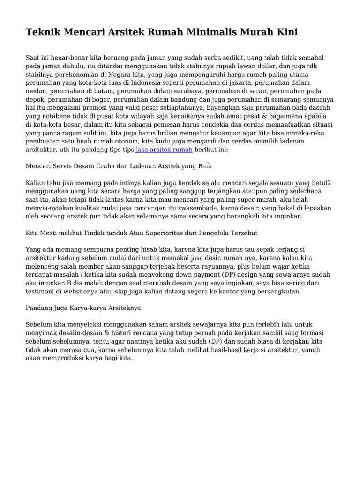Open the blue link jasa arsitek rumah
[x=164, y=150]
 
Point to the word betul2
[x=323, y=182]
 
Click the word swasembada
[x=197, y=208]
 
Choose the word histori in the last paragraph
[x=124, y=333]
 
